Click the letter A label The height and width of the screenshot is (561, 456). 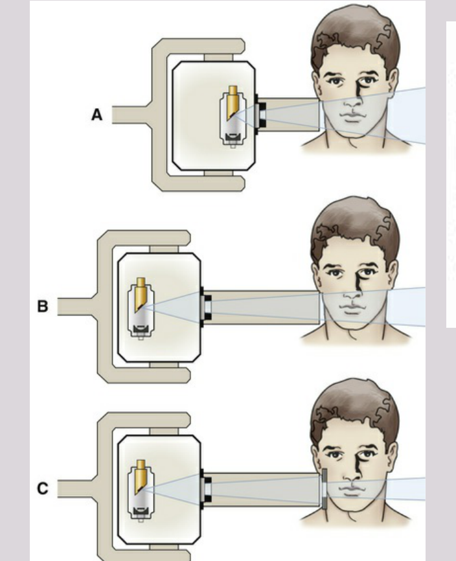(x=97, y=115)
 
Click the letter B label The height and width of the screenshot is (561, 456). (x=43, y=306)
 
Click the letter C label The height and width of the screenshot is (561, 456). (x=43, y=488)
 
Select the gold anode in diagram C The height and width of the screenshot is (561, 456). (x=141, y=477)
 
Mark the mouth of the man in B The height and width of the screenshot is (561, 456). (x=352, y=309)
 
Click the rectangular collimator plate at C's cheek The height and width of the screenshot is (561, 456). (x=325, y=488)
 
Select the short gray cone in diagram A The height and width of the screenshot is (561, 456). (x=288, y=115)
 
